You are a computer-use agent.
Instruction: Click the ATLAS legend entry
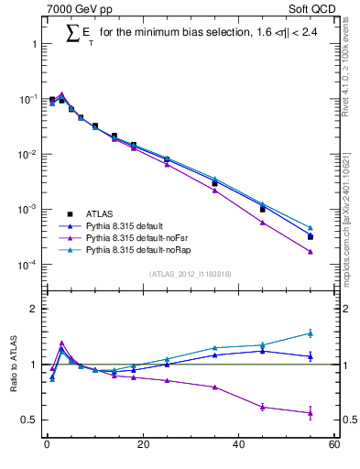coord(102,212)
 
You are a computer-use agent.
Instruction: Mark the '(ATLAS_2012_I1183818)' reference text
coord(190,273)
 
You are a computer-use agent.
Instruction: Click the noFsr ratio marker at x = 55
coord(311,413)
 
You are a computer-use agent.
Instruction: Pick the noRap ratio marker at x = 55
coord(311,333)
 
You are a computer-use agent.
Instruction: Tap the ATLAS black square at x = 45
coord(263,209)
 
